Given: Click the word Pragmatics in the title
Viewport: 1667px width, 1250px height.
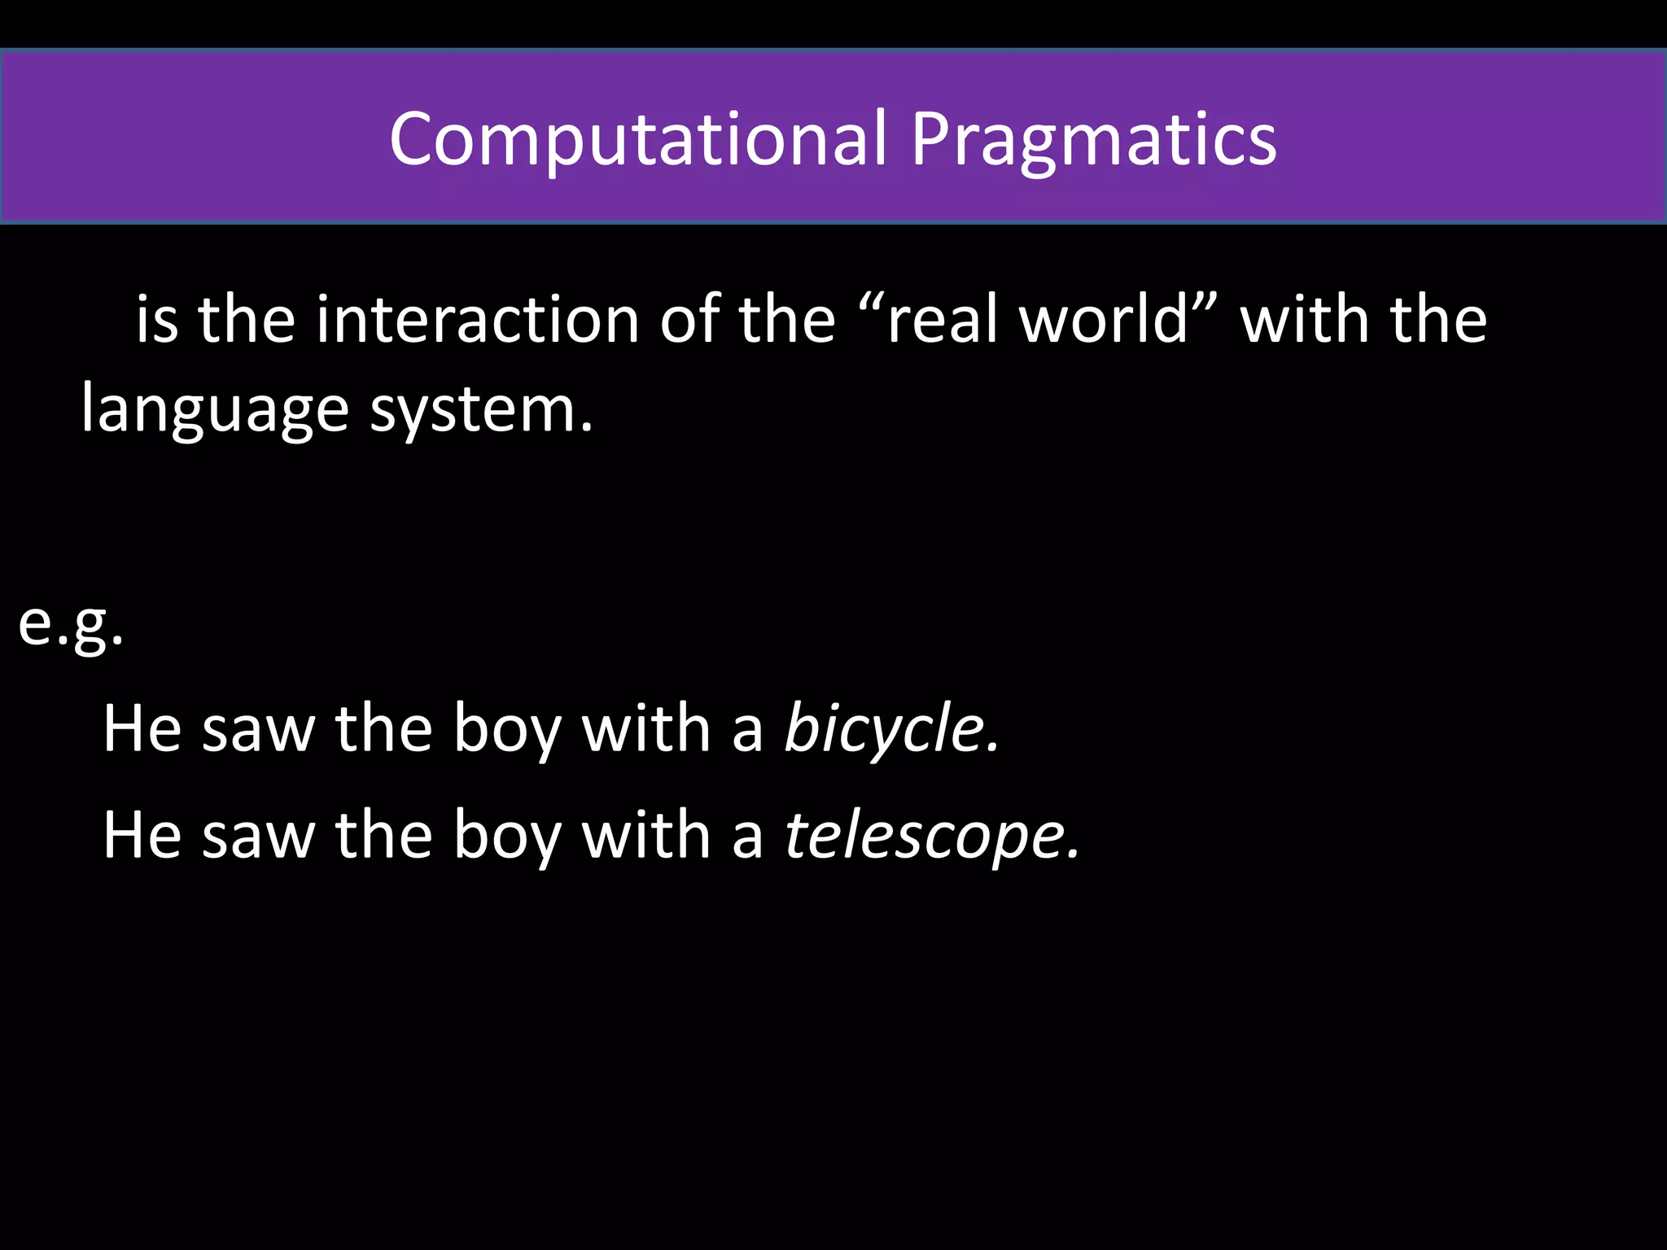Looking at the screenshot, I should [1093, 139].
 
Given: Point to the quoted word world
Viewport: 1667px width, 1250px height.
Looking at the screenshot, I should [1107, 319].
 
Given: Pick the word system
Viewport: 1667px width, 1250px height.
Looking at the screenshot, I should [481, 409].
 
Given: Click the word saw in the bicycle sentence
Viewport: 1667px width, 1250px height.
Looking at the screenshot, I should [258, 728].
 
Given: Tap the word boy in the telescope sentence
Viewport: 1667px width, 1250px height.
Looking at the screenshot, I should [506, 835].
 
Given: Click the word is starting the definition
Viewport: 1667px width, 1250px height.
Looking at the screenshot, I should [156, 319].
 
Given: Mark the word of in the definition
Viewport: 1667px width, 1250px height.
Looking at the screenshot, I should [689, 319].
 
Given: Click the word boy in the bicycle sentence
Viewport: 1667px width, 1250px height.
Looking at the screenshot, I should [506, 728].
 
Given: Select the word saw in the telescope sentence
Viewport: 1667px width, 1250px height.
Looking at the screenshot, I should [258, 835].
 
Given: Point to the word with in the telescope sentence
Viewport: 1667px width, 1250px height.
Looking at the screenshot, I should [645, 835].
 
